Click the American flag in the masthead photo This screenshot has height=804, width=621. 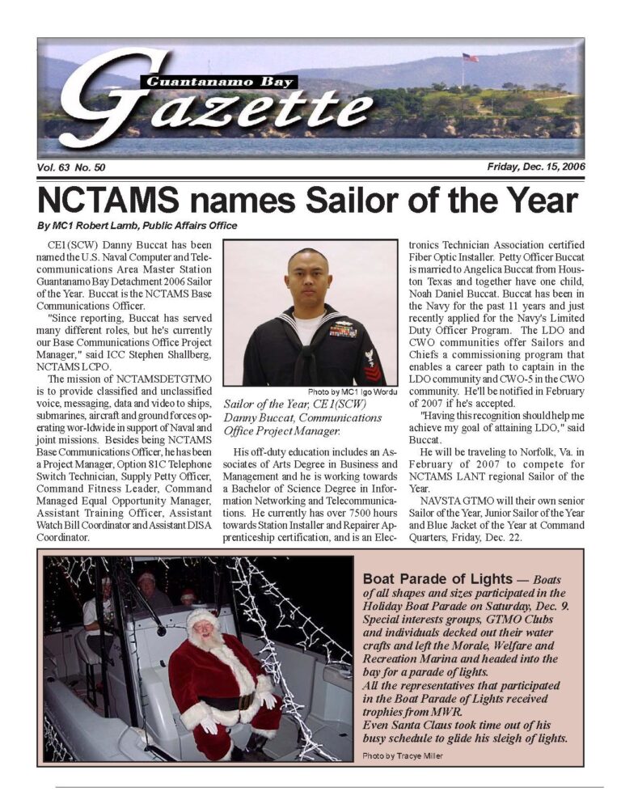470,58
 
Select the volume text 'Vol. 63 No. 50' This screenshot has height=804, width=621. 72,167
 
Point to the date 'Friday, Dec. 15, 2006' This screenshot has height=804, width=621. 536,167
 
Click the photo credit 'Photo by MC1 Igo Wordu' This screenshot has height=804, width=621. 353,393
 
